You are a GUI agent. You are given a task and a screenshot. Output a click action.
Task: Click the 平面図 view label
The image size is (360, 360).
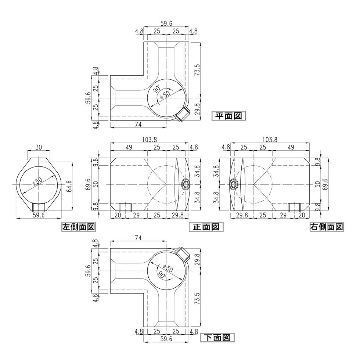[x=228, y=116]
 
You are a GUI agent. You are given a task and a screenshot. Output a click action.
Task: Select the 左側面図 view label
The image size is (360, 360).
[x=78, y=227]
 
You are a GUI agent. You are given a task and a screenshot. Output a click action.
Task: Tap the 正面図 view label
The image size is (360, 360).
[x=206, y=227]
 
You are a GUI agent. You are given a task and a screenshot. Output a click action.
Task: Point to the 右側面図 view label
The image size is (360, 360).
[x=326, y=227]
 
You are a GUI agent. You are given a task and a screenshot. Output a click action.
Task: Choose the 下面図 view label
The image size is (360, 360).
[x=217, y=337]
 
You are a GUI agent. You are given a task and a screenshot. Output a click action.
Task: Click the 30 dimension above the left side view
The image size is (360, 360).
[x=39, y=147]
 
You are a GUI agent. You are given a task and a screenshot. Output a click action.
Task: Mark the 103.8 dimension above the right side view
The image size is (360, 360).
[x=270, y=140]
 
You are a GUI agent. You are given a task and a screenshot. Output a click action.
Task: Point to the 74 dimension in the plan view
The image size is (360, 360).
[x=138, y=125]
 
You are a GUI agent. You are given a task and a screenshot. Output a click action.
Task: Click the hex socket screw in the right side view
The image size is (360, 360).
[x=234, y=184]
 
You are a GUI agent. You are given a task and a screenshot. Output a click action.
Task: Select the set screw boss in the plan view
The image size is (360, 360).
[x=182, y=115]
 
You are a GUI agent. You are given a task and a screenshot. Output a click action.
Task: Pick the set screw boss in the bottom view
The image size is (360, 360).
[x=182, y=253]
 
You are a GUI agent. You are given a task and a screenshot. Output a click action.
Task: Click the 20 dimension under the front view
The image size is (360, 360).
[x=118, y=215]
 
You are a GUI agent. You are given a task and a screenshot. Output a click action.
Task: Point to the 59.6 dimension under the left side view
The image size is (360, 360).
[x=39, y=215]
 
